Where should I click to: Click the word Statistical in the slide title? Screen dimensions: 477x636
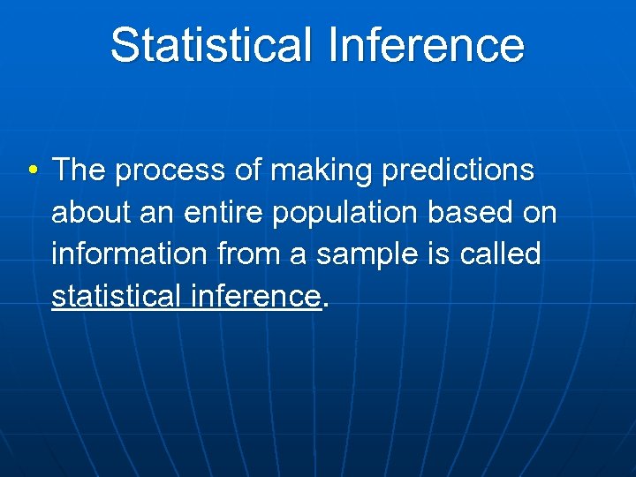[211, 45]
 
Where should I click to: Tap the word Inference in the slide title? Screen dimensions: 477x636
[426, 45]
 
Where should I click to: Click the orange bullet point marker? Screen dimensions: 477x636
[32, 170]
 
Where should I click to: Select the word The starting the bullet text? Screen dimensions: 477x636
[79, 170]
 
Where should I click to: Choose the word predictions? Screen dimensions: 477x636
[458, 170]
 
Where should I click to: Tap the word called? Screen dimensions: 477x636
[503, 254]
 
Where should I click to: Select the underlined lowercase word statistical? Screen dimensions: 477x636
[116, 296]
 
